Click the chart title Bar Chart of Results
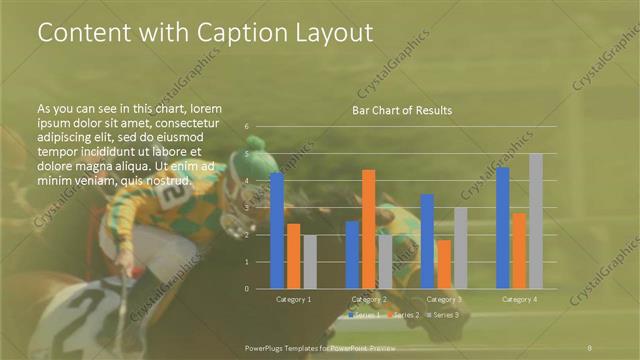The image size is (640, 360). pyautogui.click(x=401, y=110)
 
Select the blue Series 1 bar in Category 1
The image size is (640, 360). pyautogui.click(x=277, y=230)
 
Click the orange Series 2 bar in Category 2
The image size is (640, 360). pyautogui.click(x=368, y=229)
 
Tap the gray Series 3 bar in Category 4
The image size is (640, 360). pyautogui.click(x=535, y=221)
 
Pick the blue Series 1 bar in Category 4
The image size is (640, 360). pyautogui.click(x=503, y=228)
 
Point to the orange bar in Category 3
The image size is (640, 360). pyautogui.click(x=443, y=264)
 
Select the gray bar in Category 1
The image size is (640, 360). pyautogui.click(x=309, y=261)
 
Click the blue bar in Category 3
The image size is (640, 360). pyautogui.click(x=427, y=241)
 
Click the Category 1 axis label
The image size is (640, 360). pyautogui.click(x=293, y=299)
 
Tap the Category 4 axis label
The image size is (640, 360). pyautogui.click(x=519, y=299)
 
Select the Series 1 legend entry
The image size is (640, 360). pyautogui.click(x=363, y=315)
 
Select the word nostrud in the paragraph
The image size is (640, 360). pyautogui.click(x=166, y=180)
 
